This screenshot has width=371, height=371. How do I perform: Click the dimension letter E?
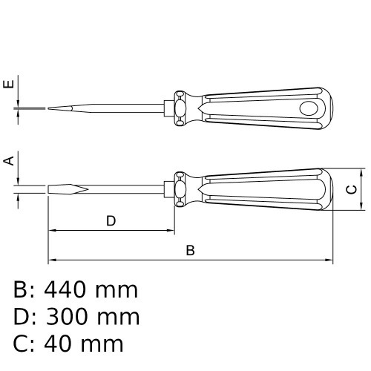(x=9, y=84)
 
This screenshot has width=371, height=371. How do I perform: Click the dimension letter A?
(x=9, y=161)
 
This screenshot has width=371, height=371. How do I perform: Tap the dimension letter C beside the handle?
(x=352, y=189)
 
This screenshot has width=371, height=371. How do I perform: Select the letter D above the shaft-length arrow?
(x=111, y=221)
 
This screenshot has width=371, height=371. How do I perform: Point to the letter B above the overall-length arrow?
(x=190, y=250)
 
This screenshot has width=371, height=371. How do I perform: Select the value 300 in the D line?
(x=68, y=317)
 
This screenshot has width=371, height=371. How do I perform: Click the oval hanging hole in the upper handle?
(x=309, y=108)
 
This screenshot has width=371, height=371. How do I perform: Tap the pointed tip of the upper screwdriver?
(x=48, y=108)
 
